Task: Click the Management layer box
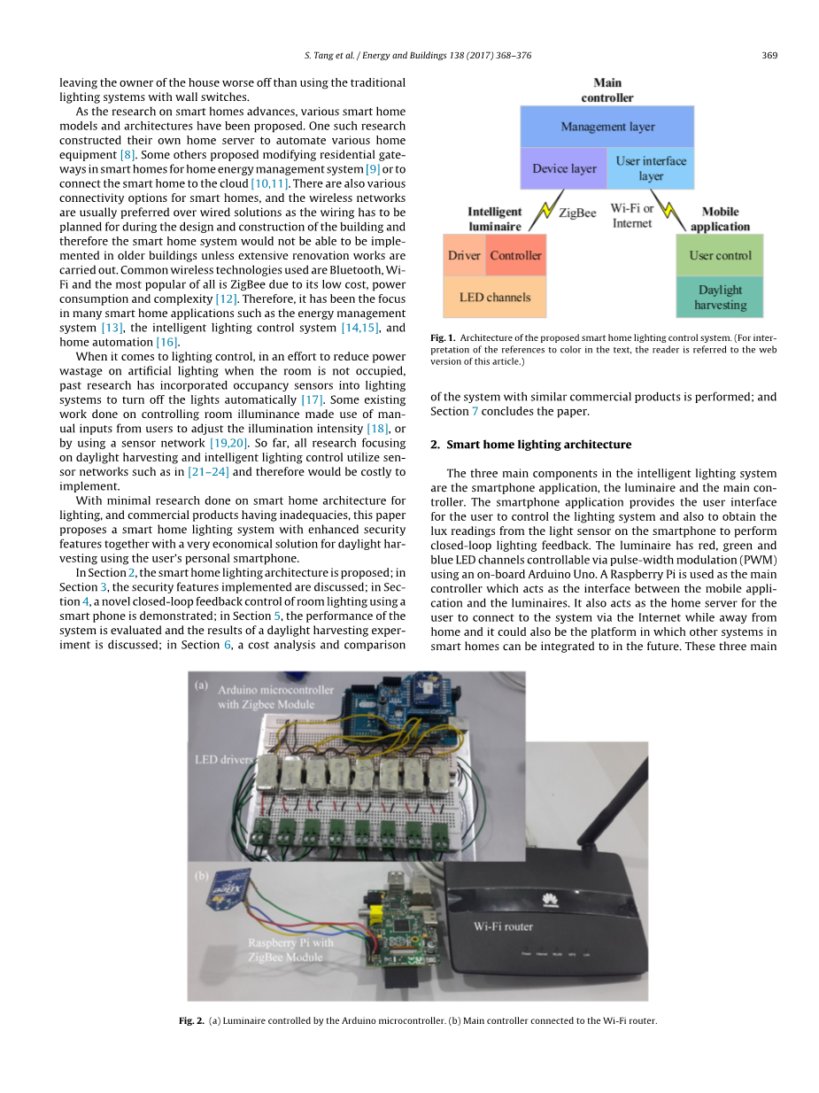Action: pyautogui.click(x=607, y=127)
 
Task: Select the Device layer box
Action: pyautogui.click(x=563, y=168)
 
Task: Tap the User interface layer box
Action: pyautogui.click(x=651, y=168)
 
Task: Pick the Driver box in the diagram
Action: pyautogui.click(x=464, y=256)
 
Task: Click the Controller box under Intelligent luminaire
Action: pyautogui.click(x=515, y=256)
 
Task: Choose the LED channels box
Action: pyautogui.click(x=494, y=298)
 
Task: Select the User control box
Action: pyautogui.click(x=719, y=256)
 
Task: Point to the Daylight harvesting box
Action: pyautogui.click(x=719, y=298)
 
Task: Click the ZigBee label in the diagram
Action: pyautogui.click(x=577, y=213)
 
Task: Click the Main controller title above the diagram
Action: pyautogui.click(x=607, y=90)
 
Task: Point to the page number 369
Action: pyautogui.click(x=769, y=55)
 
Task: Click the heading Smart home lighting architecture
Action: pyautogui.click(x=538, y=445)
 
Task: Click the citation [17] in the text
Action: pyautogui.click(x=312, y=400)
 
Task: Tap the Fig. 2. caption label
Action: pyautogui.click(x=191, y=1020)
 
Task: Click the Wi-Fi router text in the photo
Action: pyautogui.click(x=503, y=926)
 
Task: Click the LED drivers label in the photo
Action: pyautogui.click(x=224, y=759)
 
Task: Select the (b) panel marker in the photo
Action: pyautogui.click(x=201, y=876)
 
